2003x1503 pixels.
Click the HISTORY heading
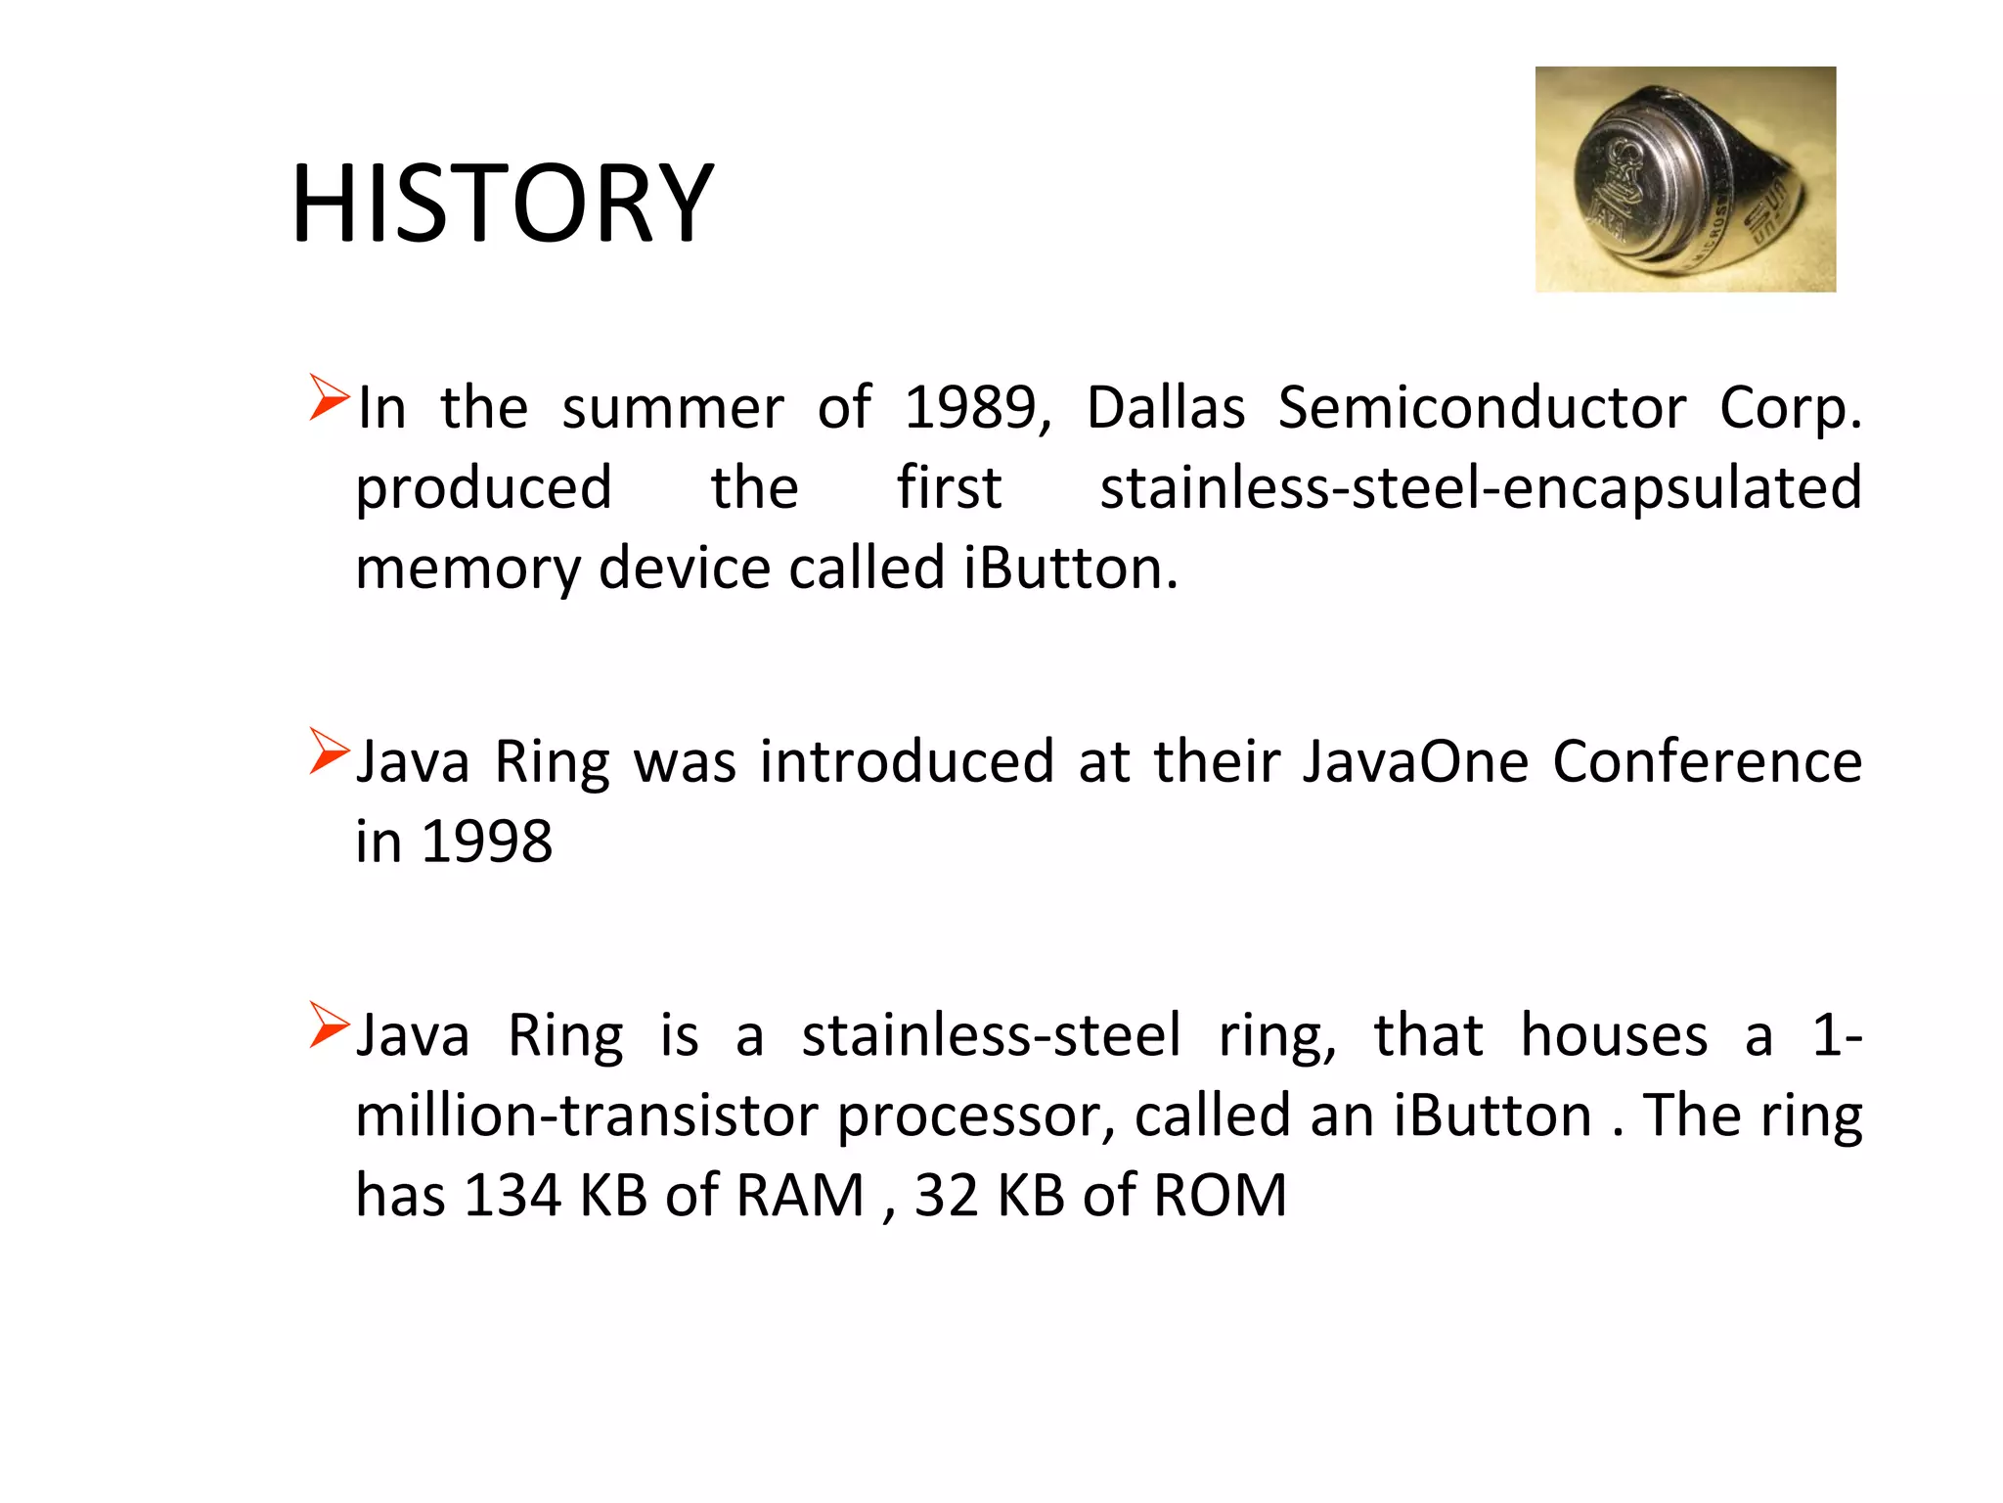coord(503,204)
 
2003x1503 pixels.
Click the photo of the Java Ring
coord(1684,179)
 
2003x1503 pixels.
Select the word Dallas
coord(1166,407)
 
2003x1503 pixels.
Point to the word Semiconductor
coord(1482,407)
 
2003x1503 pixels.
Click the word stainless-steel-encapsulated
coord(1481,488)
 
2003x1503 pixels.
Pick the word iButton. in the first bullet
coord(1071,569)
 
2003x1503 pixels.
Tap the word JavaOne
coord(1415,761)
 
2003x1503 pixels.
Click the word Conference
coord(1708,761)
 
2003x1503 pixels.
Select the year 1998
coord(486,842)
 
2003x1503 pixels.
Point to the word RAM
coord(800,1196)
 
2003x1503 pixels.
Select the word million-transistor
coord(586,1116)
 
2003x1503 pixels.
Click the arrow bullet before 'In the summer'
coord(329,397)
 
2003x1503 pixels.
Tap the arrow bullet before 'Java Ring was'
coord(329,751)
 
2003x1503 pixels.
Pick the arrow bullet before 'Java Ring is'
coord(329,1025)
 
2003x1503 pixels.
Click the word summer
coord(672,407)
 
